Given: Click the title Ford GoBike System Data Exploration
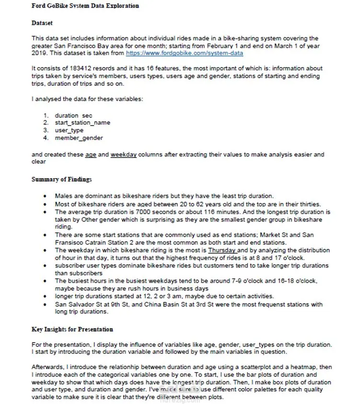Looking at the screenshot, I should point(85,6).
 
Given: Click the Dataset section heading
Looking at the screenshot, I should point(42,23).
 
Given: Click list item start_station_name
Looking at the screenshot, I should point(82,123).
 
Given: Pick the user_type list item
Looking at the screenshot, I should point(69,130).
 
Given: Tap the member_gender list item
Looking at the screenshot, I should point(79,138).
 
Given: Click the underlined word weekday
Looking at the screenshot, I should point(124,155).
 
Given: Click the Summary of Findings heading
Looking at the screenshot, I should point(62,180).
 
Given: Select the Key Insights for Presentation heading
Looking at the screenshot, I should point(72,330).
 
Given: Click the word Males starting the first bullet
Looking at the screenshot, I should point(63,196).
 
